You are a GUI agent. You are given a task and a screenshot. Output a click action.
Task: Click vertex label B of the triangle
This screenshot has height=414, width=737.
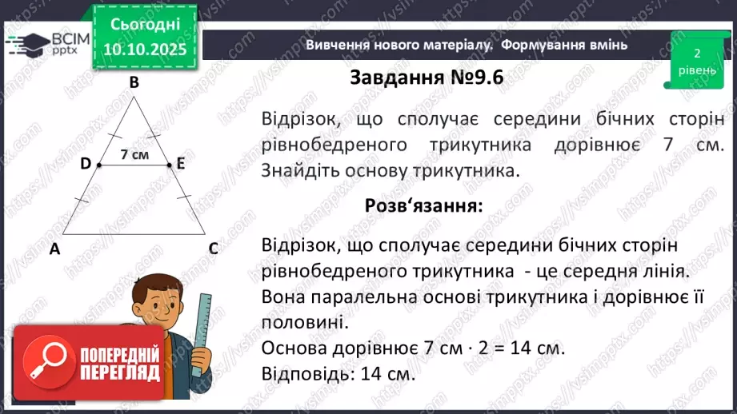[134, 82]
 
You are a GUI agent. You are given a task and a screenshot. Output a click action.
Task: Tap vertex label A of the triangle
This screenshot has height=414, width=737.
[54, 249]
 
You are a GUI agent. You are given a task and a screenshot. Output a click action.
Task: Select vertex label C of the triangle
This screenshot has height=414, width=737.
[214, 249]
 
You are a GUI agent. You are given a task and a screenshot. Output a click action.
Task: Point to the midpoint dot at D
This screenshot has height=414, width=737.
[98, 165]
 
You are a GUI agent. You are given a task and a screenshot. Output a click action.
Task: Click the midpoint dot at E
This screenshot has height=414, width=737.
[170, 165]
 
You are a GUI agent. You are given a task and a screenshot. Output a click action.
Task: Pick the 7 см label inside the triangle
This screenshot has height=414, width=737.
[134, 155]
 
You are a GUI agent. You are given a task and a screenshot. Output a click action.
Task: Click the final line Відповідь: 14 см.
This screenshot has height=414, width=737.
[338, 373]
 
